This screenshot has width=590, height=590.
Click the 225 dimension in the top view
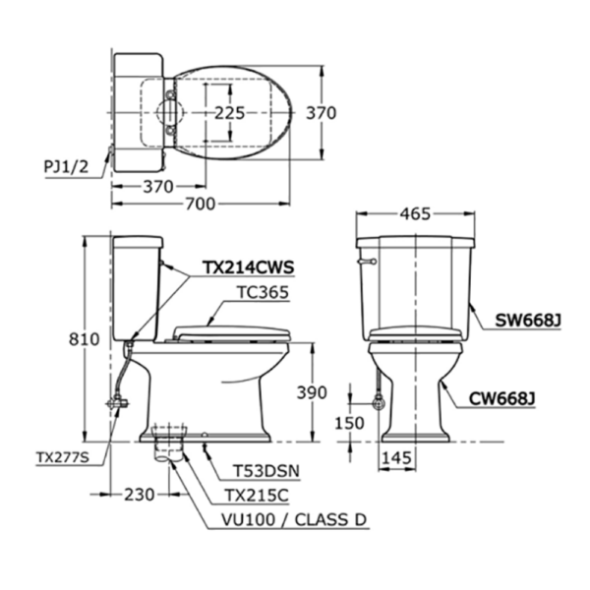pyautogui.click(x=229, y=113)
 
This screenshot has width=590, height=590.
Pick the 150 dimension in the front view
pyautogui.click(x=349, y=423)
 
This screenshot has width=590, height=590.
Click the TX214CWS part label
pyautogui.click(x=248, y=266)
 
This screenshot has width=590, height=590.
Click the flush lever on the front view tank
pyautogui.click(x=370, y=262)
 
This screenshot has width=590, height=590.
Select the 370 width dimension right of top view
pyautogui.click(x=321, y=113)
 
